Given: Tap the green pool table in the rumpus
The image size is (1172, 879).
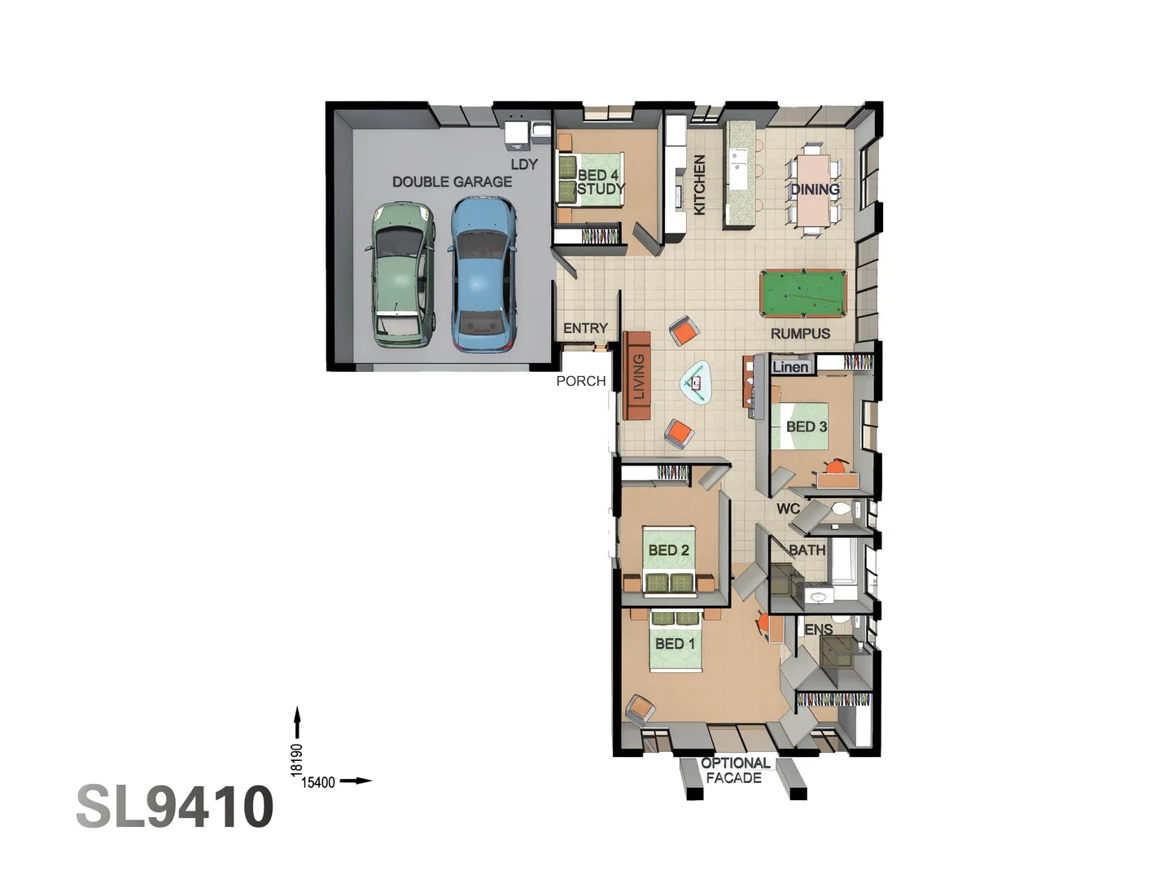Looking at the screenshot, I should (x=802, y=294).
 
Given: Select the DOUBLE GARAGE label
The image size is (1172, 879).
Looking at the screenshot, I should (x=452, y=181).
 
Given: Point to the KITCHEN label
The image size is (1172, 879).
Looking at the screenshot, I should (x=699, y=185).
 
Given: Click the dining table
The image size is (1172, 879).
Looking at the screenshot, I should (x=813, y=189).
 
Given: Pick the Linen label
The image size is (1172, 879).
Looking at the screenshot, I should (x=790, y=367).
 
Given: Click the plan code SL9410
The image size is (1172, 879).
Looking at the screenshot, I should (x=175, y=807).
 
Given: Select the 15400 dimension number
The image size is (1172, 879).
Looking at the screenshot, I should (x=318, y=782).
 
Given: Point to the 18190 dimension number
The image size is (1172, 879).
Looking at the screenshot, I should (x=296, y=759).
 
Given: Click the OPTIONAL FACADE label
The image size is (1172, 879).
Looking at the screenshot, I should (x=735, y=770).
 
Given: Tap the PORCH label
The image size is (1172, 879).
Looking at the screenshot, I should (x=580, y=381).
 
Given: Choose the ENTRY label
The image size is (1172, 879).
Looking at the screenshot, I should (x=585, y=328).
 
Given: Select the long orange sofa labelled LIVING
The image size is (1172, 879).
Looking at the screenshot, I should (x=637, y=376).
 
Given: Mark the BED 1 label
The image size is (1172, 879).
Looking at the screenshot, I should (x=675, y=644).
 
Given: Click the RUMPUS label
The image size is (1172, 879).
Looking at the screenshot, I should (x=800, y=334).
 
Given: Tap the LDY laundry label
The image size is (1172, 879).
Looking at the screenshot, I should (x=524, y=164).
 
